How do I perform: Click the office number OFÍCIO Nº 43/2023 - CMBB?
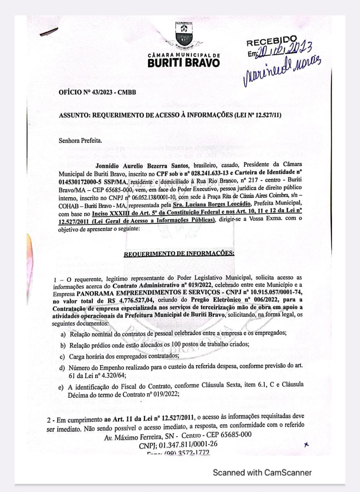(x=97, y=93)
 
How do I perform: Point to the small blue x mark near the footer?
(x=306, y=445)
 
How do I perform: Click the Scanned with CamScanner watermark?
(x=262, y=473)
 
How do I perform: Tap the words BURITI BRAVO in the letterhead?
(x=184, y=62)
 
